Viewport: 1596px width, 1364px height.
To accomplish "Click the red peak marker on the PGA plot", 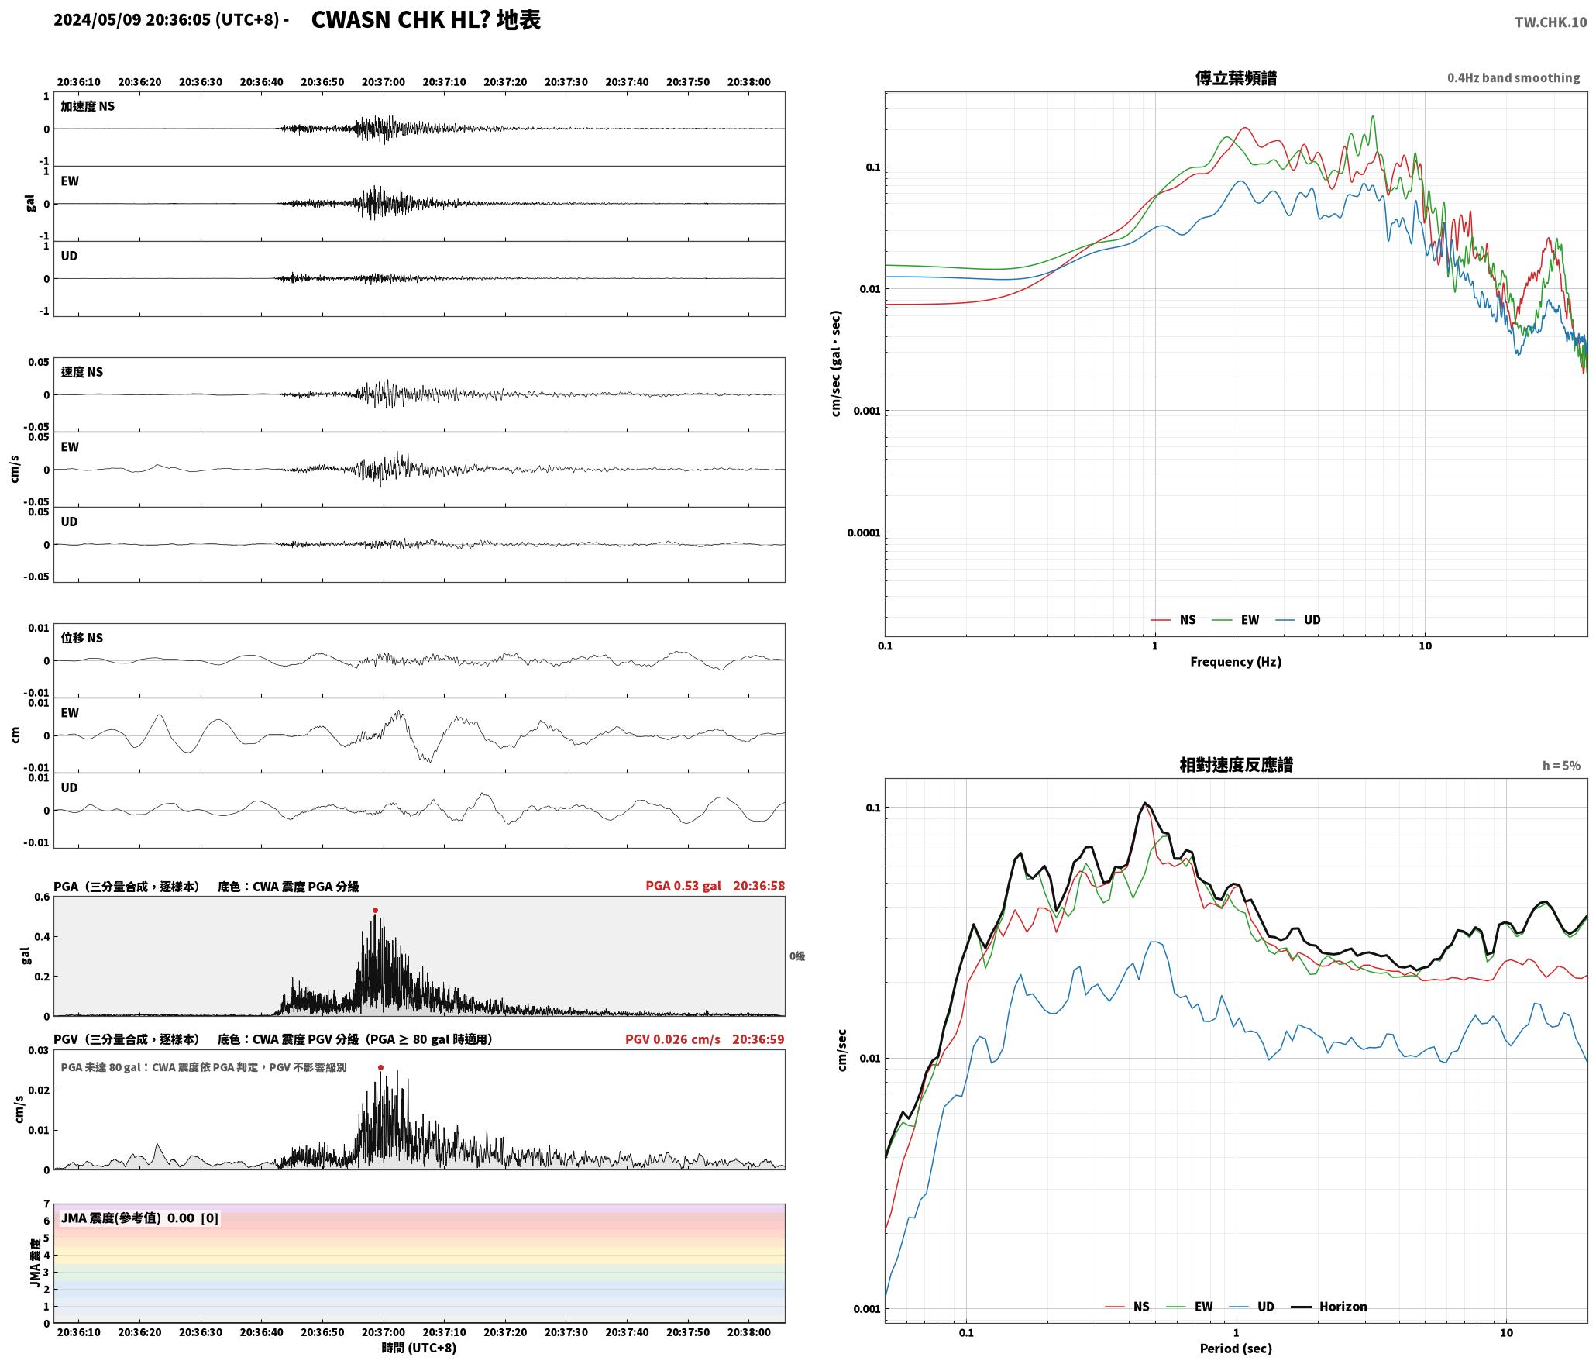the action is coord(375,911).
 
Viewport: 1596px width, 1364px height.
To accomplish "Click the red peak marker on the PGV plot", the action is coord(380,1068).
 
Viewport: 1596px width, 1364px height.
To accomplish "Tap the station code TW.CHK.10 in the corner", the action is coord(1550,22).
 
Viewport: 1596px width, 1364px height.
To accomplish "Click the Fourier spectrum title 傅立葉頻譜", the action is coord(1236,78).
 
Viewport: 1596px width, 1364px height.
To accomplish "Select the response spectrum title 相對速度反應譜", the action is coord(1236,765).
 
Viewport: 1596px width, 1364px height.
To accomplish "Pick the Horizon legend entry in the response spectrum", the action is coord(1329,1307).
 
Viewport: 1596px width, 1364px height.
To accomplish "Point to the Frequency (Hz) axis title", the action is coord(1236,662).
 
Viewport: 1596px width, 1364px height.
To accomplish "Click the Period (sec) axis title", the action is coord(1236,1348).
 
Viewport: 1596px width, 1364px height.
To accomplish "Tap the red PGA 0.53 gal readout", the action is coord(683,886).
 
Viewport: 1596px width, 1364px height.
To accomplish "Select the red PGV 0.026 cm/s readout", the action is coord(672,1039).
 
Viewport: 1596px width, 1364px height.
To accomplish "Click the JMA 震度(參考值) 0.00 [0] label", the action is coord(139,1218).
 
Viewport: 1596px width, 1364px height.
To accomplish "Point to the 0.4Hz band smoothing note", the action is coord(1513,78).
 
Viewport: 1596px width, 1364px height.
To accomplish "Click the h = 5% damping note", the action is coord(1561,766).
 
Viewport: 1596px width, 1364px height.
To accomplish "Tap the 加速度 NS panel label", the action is coord(88,106).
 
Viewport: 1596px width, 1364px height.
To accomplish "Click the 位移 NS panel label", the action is coord(82,638).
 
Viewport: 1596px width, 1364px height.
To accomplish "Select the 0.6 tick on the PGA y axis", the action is coord(42,897).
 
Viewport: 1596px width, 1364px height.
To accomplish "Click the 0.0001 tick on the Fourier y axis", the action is coord(863,532).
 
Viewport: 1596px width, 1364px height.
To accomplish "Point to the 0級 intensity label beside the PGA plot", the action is coord(797,956).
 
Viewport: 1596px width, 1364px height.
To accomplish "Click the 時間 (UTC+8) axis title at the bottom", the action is coord(419,1348).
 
